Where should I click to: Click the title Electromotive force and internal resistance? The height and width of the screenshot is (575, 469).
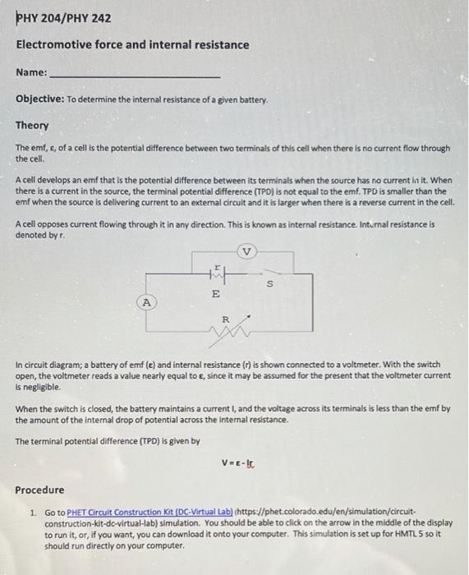pos(132,44)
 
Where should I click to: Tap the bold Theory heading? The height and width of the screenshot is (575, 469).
pos(32,126)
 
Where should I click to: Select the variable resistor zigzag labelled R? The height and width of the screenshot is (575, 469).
pos(225,332)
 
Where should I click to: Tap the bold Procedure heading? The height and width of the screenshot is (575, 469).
pos(39,490)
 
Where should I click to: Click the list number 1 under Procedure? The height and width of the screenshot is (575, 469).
pos(32,511)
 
